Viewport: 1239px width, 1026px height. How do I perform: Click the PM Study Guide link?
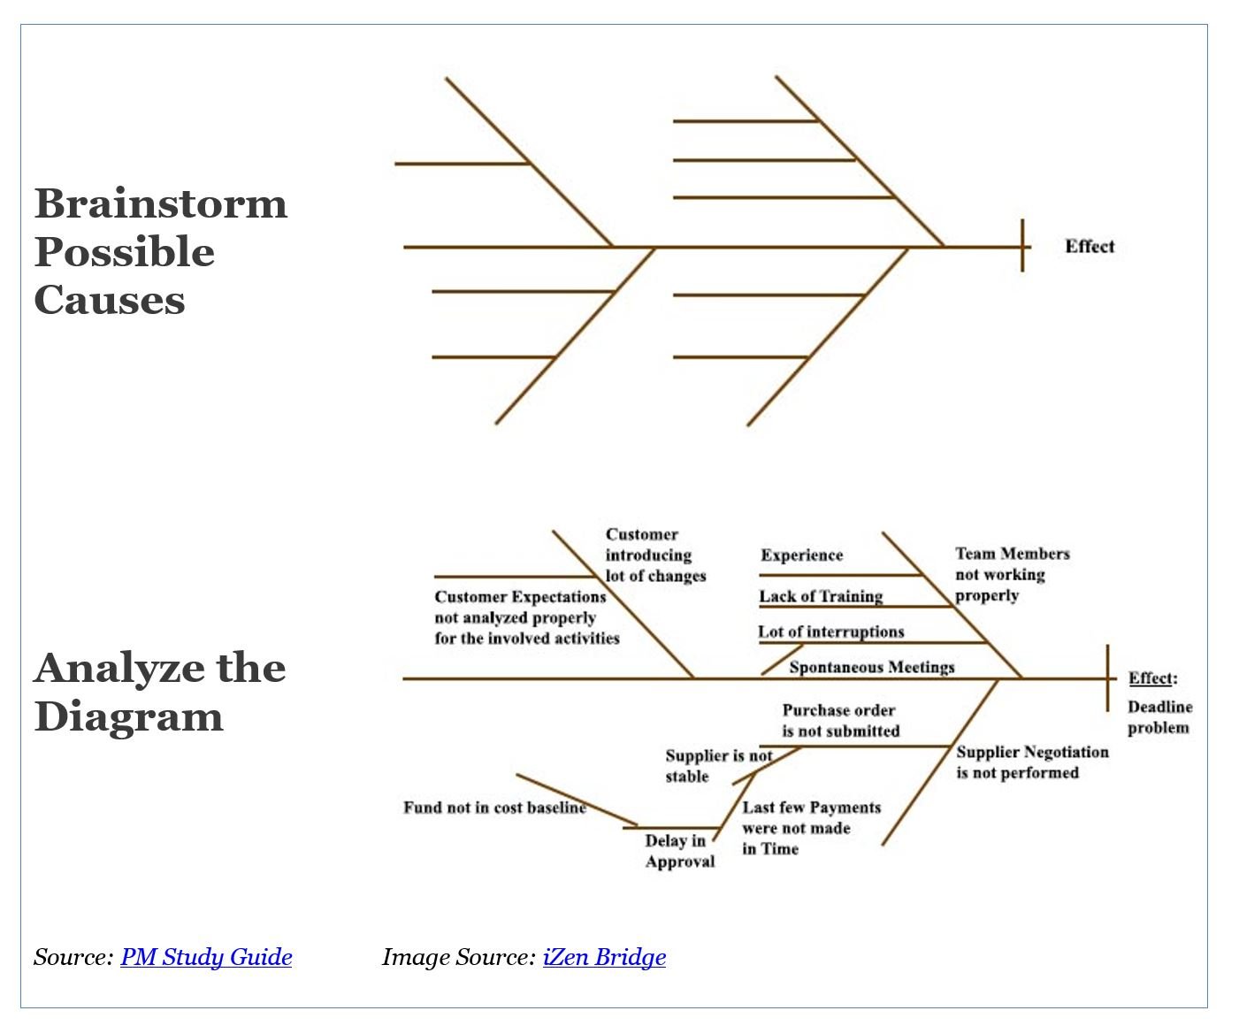pyautogui.click(x=206, y=957)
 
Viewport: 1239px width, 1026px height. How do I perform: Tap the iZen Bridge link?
pyautogui.click(x=604, y=957)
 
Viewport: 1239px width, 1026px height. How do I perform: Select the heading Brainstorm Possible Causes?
pyautogui.click(x=161, y=251)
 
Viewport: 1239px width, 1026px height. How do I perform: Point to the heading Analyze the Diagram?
pyautogui.click(x=160, y=692)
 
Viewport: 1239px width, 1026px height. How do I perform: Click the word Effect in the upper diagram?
pyautogui.click(x=1090, y=247)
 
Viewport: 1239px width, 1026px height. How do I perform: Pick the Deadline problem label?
pyautogui.click(x=1159, y=717)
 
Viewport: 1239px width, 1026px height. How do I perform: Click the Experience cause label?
pyautogui.click(x=801, y=555)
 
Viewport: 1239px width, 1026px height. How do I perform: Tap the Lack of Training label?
pyautogui.click(x=821, y=596)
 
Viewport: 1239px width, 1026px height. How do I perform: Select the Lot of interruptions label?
pyautogui.click(x=830, y=632)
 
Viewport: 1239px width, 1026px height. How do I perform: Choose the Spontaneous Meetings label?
pyautogui.click(x=872, y=667)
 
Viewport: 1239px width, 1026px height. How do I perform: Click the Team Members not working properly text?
pyautogui.click(x=1012, y=574)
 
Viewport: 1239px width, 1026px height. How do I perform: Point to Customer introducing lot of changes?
pyautogui.click(x=655, y=555)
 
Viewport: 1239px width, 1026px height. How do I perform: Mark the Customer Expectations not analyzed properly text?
pyautogui.click(x=526, y=617)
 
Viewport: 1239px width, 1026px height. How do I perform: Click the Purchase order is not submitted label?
pyautogui.click(x=840, y=721)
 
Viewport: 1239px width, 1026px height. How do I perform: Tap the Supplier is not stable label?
pyautogui.click(x=718, y=766)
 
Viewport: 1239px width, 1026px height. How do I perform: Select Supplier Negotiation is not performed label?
pyautogui.click(x=1031, y=762)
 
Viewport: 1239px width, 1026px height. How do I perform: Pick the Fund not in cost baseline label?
pyautogui.click(x=494, y=808)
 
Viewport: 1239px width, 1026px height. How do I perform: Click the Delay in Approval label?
pyautogui.click(x=678, y=851)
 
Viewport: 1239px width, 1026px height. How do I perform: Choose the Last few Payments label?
pyautogui.click(x=811, y=828)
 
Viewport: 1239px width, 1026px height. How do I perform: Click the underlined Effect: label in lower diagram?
pyautogui.click(x=1151, y=678)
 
